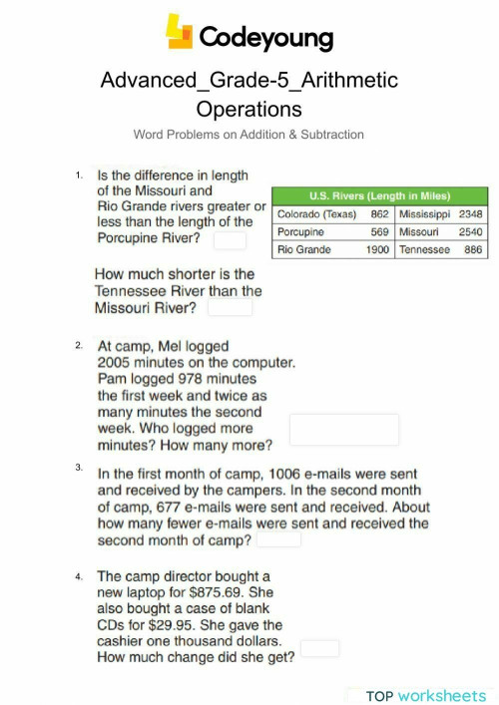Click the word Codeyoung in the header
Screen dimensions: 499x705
pos(266,38)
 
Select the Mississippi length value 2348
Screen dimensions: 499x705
pos(470,213)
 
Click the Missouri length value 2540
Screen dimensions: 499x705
pos(470,231)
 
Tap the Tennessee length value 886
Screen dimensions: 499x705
pos(473,249)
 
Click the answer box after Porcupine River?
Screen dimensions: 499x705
pos(229,240)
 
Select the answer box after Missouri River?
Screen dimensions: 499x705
pos(229,308)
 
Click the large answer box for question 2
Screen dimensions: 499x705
pos(343,430)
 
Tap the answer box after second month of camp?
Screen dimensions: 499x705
pos(278,539)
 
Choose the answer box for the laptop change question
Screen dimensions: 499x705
pos(319,648)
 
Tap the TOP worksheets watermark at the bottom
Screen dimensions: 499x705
pos(425,695)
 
